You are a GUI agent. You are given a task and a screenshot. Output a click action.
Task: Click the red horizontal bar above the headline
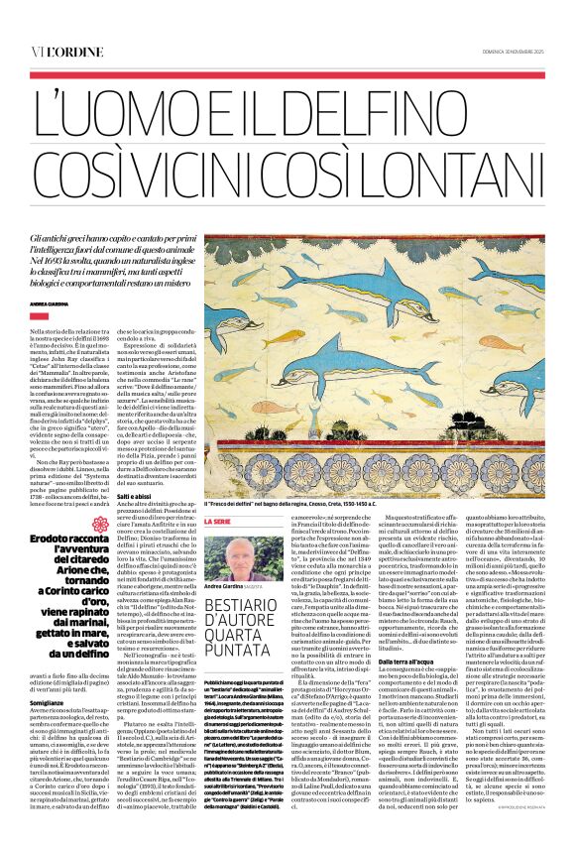click(287, 72)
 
